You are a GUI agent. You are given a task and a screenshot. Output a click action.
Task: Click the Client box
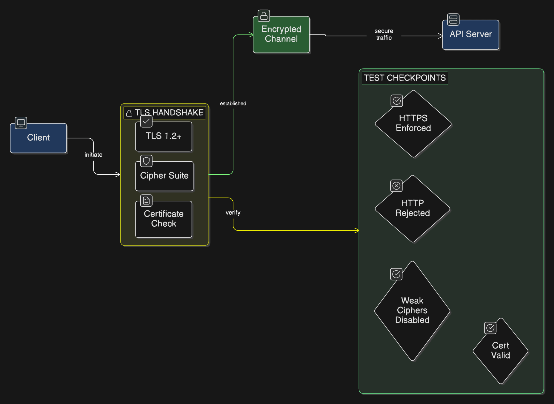point(38,138)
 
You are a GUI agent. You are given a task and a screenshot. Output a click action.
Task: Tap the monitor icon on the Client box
point(21,123)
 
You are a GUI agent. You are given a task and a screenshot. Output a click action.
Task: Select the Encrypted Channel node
point(281,34)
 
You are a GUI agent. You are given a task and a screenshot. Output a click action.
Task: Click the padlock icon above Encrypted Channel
point(264,16)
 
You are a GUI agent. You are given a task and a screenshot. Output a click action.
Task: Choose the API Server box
point(471,35)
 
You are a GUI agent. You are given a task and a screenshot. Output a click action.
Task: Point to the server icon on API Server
point(453,19)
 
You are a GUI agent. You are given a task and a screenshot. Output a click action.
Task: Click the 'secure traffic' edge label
point(384,34)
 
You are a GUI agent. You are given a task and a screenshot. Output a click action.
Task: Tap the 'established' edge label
point(233,103)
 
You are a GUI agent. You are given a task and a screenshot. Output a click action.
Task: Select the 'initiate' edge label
point(93,155)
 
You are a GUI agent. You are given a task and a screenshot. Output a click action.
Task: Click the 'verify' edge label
point(233,213)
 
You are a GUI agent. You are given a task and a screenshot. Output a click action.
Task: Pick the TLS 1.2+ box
point(164,136)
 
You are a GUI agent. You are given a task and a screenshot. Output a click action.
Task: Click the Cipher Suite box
point(164,176)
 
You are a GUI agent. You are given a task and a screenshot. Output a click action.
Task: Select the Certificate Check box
point(164,219)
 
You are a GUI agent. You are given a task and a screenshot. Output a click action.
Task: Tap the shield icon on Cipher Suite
point(146,161)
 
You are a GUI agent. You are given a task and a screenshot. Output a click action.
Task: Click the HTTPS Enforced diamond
point(413,124)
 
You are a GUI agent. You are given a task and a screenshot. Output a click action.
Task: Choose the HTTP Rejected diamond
point(413,209)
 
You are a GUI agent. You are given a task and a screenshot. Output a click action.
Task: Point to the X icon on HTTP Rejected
point(397,186)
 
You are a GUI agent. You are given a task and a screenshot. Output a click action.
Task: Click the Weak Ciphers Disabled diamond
point(412,311)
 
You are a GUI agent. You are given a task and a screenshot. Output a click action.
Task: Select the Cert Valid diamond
point(500,351)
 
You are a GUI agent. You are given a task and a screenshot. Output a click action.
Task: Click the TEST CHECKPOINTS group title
point(405,78)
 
